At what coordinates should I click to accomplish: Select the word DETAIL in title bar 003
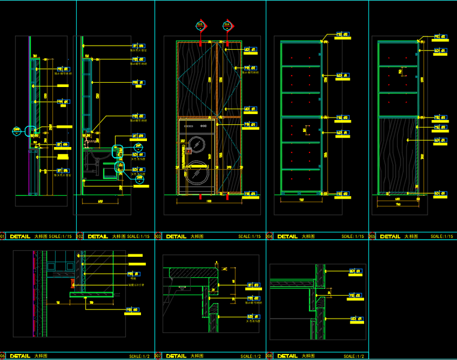[x=176, y=236]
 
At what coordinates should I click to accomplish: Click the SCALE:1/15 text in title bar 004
[x=353, y=236]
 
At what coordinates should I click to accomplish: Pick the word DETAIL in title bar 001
[x=20, y=236]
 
